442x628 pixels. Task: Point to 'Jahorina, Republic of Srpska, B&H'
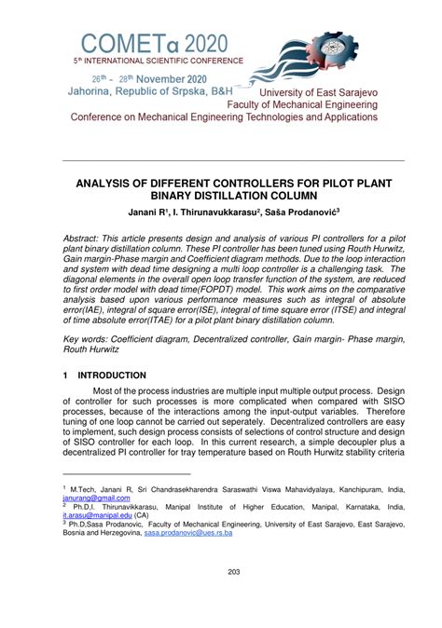149,92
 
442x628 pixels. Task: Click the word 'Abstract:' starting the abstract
90,239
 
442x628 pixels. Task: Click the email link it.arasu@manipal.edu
96,514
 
